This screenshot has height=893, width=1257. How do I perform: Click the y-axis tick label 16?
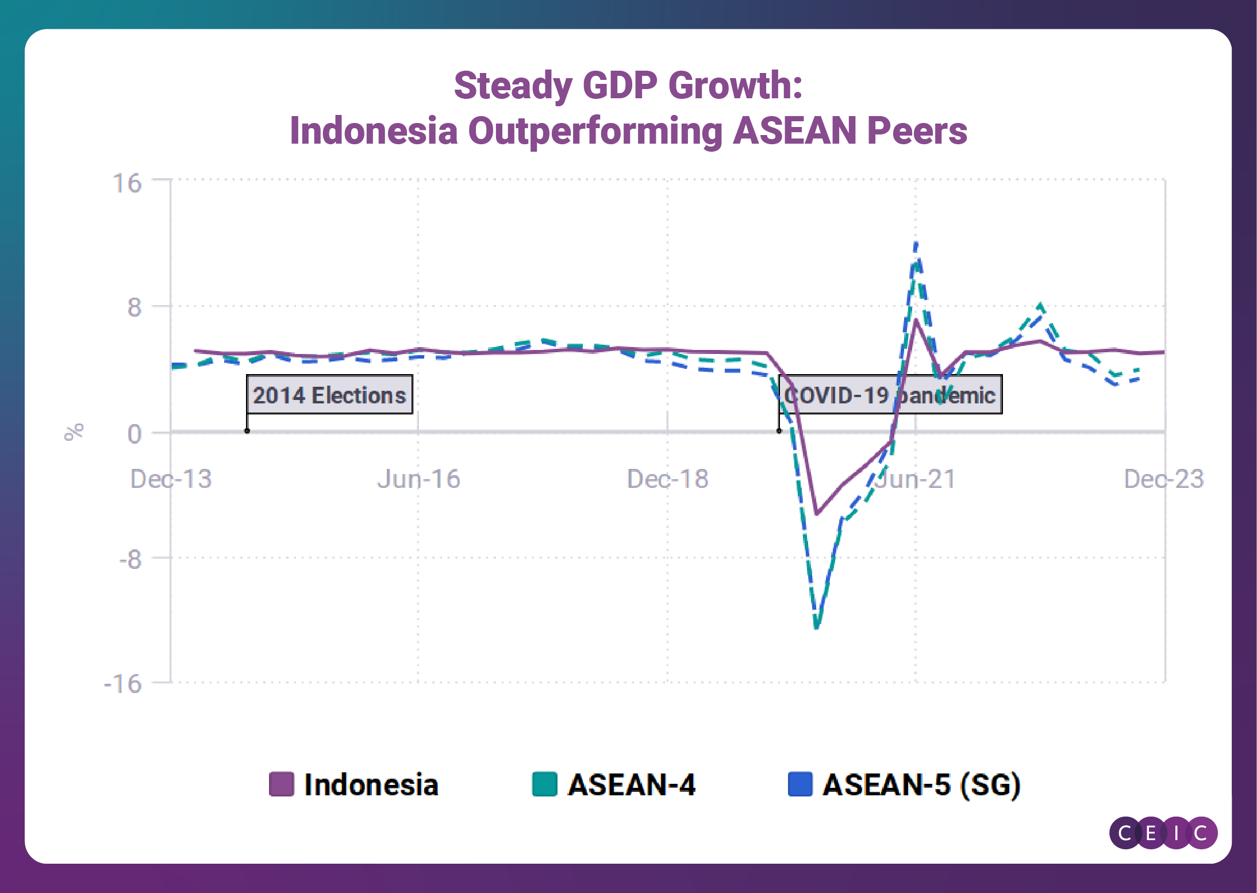[127, 184]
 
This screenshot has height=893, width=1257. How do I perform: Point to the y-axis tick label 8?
[134, 307]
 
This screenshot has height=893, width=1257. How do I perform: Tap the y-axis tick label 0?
[134, 434]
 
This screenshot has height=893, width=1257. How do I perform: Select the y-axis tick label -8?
[130, 559]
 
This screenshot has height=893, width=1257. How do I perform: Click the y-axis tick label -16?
[122, 684]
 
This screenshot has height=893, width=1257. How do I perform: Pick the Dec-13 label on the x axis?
[171, 479]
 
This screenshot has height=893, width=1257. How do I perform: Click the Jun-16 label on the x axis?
[418, 479]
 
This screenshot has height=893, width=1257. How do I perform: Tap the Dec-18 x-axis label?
[667, 479]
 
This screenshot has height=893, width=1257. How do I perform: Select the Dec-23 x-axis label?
[1163, 479]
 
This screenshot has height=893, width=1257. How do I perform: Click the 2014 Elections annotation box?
[329, 395]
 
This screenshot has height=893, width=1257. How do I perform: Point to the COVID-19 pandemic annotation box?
[890, 395]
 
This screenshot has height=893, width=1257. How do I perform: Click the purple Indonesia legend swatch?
[282, 784]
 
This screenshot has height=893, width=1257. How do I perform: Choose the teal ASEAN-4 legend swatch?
[544, 784]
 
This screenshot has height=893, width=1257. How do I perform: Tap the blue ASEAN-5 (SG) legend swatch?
[800, 784]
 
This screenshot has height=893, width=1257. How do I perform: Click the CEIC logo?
[1163, 833]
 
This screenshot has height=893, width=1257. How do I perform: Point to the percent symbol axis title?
[74, 432]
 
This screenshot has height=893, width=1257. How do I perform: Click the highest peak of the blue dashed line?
[916, 243]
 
